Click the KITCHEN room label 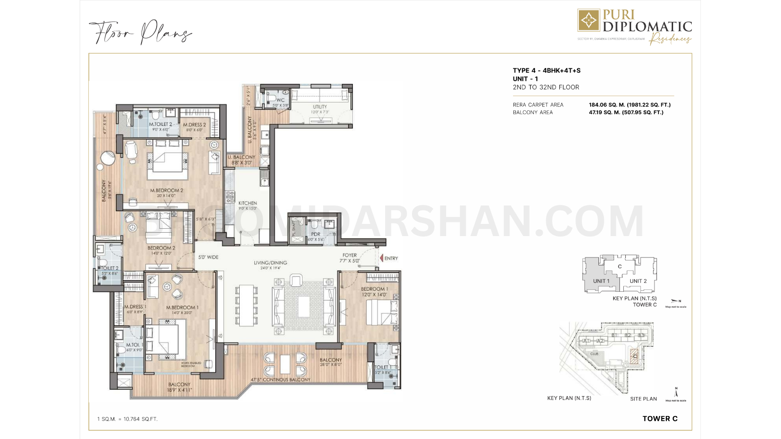[x=247, y=203]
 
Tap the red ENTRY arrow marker [x=381, y=258]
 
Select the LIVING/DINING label [x=270, y=262]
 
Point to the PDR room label [x=316, y=234]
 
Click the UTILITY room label [x=320, y=107]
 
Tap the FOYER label [x=349, y=255]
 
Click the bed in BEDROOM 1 [x=382, y=312]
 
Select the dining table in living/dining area [x=246, y=305]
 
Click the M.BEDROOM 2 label [x=166, y=190]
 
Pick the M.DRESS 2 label [x=194, y=125]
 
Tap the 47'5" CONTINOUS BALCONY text [x=280, y=379]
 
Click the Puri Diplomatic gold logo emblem [x=589, y=20]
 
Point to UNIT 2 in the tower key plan [x=638, y=281]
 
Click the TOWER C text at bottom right [x=660, y=419]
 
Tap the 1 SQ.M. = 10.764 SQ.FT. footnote [x=127, y=419]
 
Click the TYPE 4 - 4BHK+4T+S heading [x=546, y=71]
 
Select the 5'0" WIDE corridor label [x=208, y=257]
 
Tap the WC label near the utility [x=280, y=100]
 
